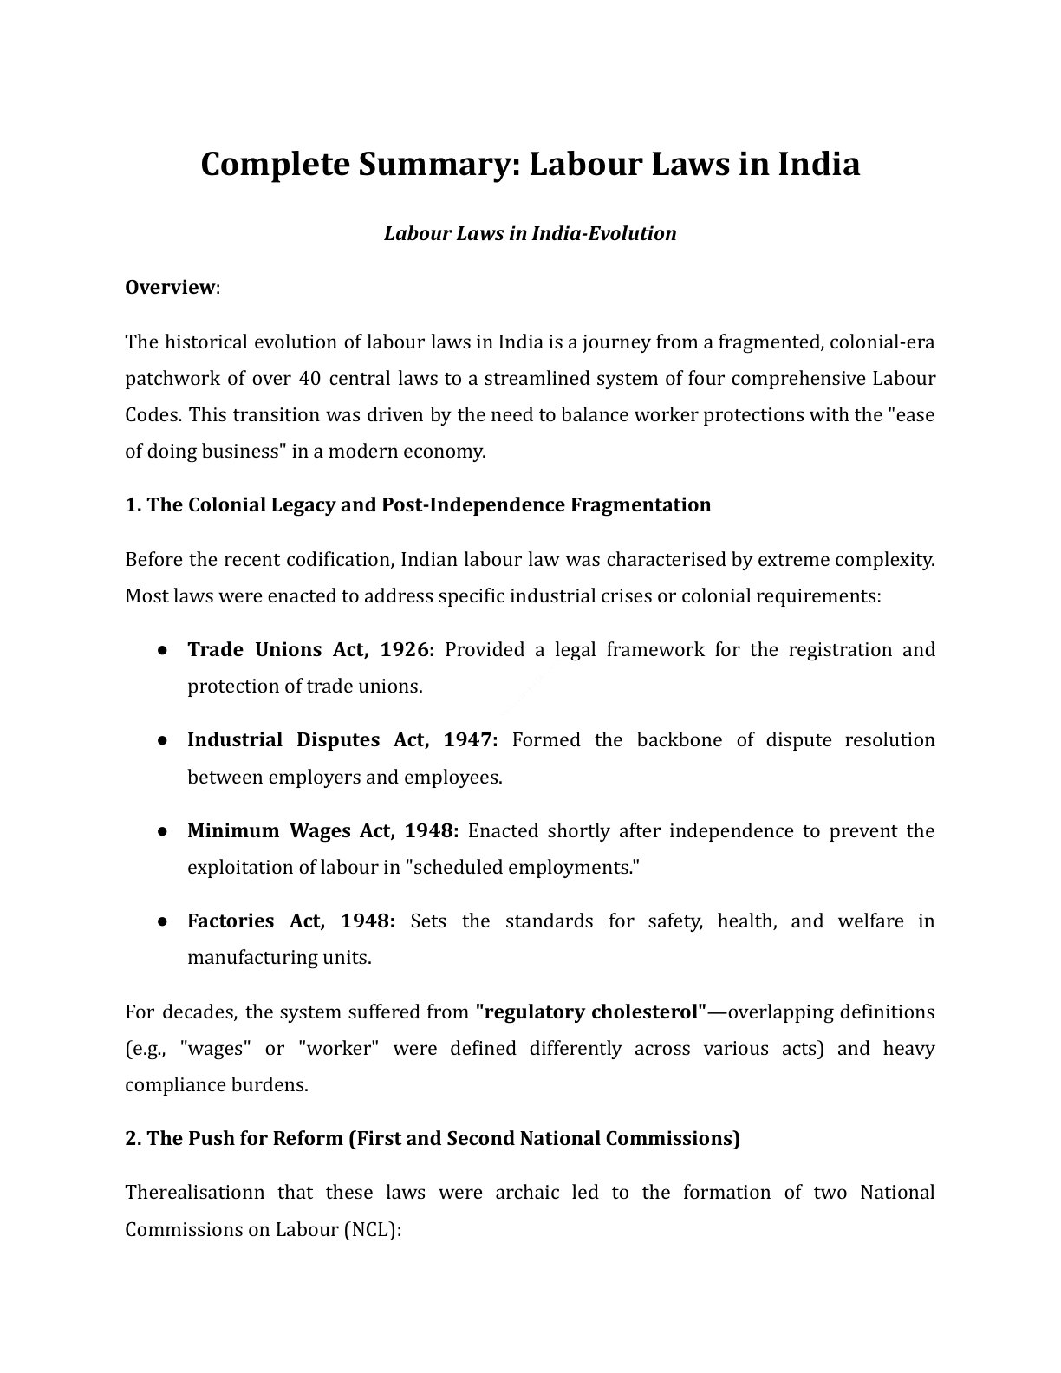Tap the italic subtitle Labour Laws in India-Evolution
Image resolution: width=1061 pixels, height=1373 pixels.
click(x=530, y=234)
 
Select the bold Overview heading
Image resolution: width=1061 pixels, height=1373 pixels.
click(x=169, y=287)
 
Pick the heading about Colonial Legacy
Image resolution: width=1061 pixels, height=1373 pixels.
click(x=418, y=505)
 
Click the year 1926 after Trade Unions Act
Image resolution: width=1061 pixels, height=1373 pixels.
click(x=407, y=650)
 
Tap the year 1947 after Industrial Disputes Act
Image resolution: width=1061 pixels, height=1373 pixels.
click(x=470, y=740)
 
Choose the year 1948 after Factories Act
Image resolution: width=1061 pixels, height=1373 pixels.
click(x=368, y=921)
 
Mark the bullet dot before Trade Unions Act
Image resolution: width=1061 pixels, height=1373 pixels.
click(x=163, y=650)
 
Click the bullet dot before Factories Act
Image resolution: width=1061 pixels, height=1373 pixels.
click(x=163, y=921)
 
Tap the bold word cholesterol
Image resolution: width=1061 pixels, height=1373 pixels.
click(x=647, y=1012)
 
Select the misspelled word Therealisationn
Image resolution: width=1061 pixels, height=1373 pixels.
click(x=195, y=1193)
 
